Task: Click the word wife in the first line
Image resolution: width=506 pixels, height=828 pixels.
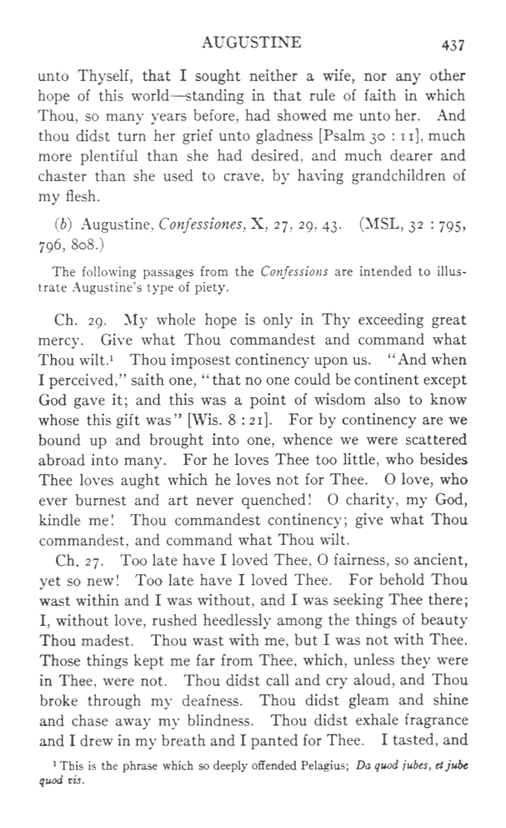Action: [313, 76]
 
